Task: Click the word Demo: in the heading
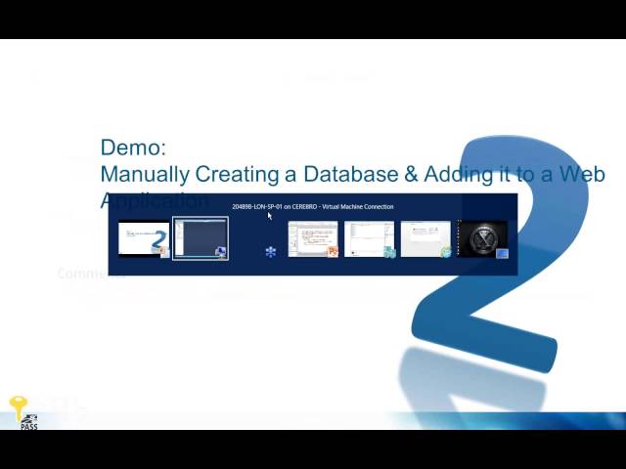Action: (x=133, y=148)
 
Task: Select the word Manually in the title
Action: (x=145, y=174)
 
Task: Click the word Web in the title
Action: (x=584, y=174)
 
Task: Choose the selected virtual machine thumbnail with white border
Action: (x=201, y=238)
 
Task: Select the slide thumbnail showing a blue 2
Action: (x=144, y=238)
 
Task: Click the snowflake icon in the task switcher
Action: (x=271, y=251)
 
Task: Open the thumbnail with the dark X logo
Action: (x=483, y=238)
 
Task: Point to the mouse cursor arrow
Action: (x=269, y=216)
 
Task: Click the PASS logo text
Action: (x=28, y=426)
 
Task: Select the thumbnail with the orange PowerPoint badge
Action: (x=313, y=238)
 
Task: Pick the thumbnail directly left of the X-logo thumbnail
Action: (x=426, y=238)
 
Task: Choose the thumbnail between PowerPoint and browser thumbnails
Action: (x=370, y=238)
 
